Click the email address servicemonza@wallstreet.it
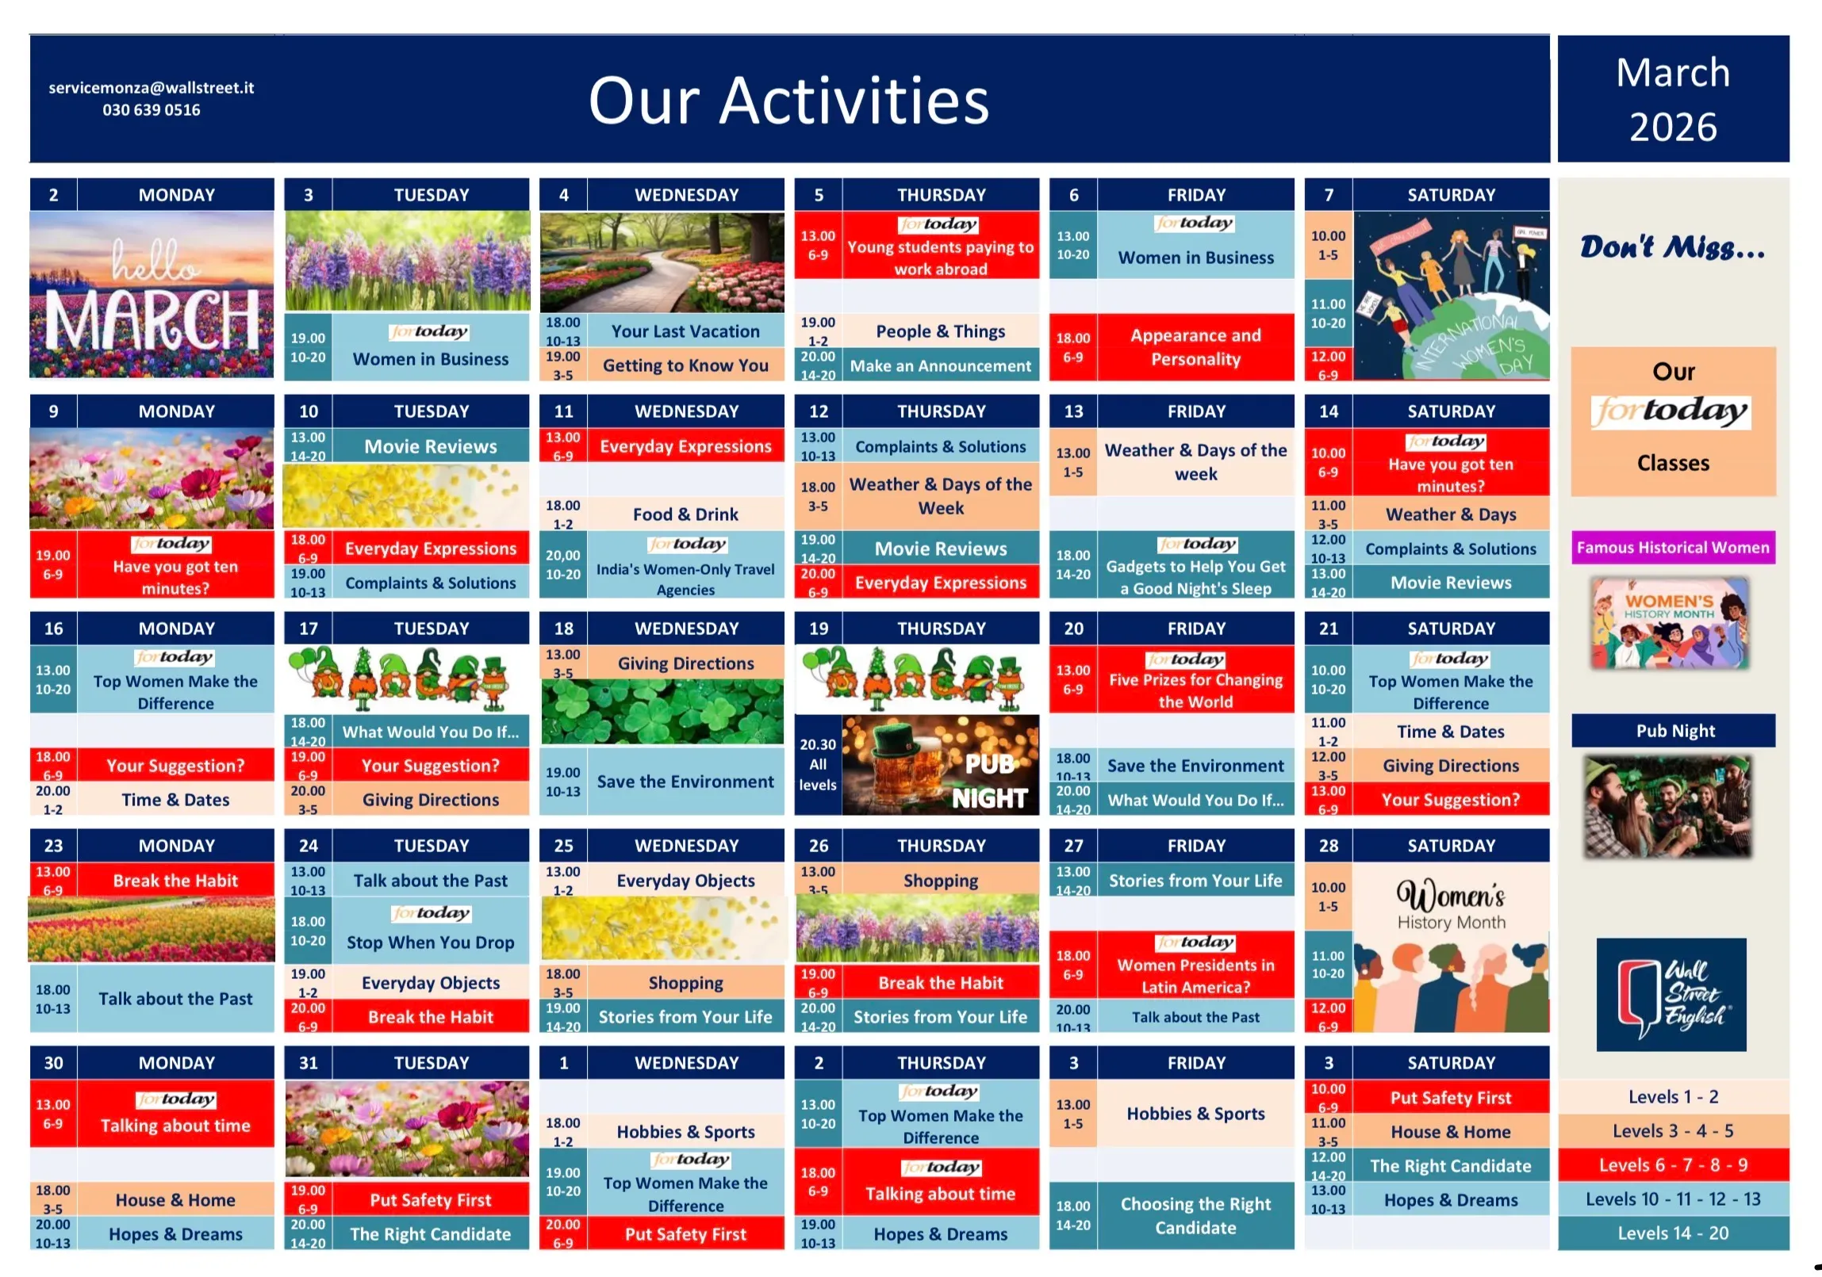coord(152,88)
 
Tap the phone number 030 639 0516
coord(152,110)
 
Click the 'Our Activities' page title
coord(788,101)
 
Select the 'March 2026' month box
coord(1674,99)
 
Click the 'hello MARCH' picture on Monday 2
coord(152,295)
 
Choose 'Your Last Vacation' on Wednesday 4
coord(685,331)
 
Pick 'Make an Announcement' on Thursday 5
coord(941,365)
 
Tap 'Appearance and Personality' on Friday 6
coord(1196,347)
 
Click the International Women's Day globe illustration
coord(1452,296)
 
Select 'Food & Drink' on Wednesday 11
coord(685,514)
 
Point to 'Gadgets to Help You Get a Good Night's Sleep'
coord(1196,577)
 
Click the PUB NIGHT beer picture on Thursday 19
coord(941,766)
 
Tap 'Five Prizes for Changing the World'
coord(1196,691)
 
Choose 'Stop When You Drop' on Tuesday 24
coord(431,942)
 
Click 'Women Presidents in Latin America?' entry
coord(1196,977)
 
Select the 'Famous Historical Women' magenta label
coord(1673,547)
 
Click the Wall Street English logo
coord(1671,995)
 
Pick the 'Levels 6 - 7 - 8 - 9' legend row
coord(1674,1165)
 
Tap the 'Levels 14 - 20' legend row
coord(1674,1233)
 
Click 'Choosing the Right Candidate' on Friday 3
coord(1196,1216)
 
